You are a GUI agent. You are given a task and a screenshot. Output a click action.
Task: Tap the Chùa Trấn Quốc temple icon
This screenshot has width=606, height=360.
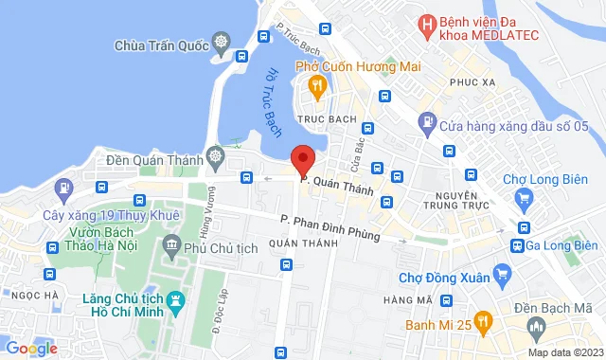(x=222, y=45)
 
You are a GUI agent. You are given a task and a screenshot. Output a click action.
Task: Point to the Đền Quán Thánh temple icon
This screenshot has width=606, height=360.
(x=217, y=155)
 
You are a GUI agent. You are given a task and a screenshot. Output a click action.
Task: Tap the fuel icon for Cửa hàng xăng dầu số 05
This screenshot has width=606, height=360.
(x=429, y=123)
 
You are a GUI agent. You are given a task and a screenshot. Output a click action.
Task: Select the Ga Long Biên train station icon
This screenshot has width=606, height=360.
(x=518, y=244)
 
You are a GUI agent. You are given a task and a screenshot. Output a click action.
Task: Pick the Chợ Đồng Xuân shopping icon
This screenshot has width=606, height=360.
(x=503, y=277)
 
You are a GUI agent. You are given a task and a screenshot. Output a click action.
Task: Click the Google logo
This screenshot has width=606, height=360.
(x=31, y=348)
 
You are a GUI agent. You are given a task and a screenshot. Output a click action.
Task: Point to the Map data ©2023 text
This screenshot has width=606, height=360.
(x=564, y=352)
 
